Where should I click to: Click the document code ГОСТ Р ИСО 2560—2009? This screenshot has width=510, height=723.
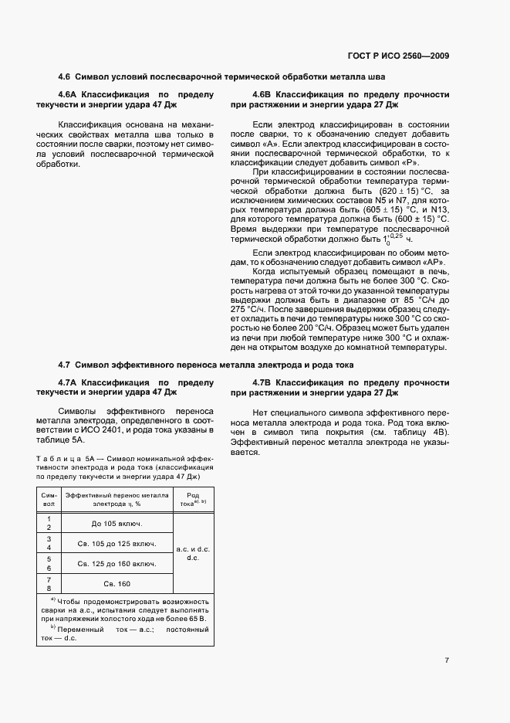(x=398, y=55)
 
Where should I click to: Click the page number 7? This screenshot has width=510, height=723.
(x=447, y=660)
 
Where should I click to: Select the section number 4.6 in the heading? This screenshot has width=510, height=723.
(x=64, y=77)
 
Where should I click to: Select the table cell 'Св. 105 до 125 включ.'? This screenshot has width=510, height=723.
(x=118, y=544)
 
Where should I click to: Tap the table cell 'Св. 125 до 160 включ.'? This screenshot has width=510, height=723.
(x=118, y=564)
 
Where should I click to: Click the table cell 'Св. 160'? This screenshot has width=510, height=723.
(x=118, y=583)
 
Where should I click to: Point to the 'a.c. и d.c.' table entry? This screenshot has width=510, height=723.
(x=193, y=548)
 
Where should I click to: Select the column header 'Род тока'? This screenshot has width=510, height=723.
(x=193, y=497)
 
